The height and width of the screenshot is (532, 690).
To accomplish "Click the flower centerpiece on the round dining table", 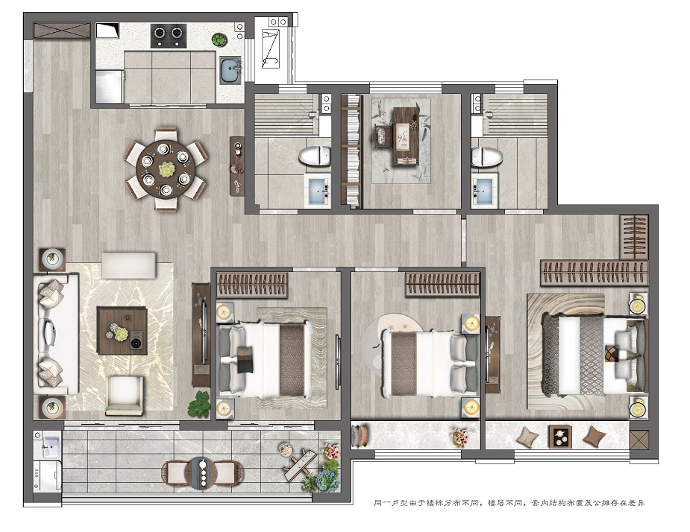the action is tap(166, 169).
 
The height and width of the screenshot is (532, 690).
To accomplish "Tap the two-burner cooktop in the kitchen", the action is tap(168, 35).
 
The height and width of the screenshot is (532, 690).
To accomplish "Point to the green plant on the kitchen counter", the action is tap(219, 40).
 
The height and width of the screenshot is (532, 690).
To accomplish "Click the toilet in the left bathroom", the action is tap(315, 156).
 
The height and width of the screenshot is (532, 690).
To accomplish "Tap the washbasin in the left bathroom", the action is tap(319, 191).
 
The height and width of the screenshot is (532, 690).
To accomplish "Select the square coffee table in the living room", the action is tap(122, 331).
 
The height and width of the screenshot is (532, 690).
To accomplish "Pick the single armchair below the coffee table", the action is tap(124, 396).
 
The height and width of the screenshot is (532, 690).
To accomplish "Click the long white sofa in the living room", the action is tap(56, 334).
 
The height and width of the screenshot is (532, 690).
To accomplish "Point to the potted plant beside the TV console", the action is tap(199, 404).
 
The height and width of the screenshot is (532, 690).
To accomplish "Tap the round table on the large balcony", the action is tap(202, 473).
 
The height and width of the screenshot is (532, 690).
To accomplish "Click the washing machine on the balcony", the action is tap(48, 475).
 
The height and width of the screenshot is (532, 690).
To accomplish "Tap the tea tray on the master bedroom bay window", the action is tap(560, 437).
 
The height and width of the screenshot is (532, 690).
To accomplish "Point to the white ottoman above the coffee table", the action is tap(129, 265).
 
